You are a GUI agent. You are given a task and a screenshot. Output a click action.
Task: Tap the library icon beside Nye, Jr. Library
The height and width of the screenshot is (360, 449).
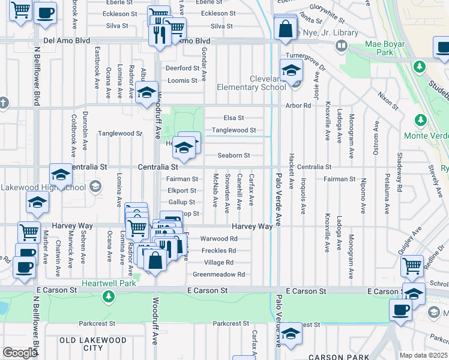(x=342, y=45)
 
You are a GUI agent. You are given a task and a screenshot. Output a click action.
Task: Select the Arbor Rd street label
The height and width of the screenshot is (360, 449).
(x=298, y=106)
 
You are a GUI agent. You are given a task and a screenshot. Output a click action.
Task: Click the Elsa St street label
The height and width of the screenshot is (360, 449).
(x=234, y=118)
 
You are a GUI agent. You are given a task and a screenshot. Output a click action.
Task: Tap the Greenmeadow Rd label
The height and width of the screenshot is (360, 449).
(x=218, y=274)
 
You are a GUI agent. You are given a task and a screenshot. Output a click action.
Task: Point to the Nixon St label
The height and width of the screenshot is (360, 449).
(x=388, y=101)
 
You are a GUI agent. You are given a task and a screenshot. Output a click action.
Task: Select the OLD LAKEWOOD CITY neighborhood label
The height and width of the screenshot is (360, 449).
(x=93, y=344)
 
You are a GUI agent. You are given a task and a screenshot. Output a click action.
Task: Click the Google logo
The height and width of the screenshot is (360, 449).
(x=20, y=353)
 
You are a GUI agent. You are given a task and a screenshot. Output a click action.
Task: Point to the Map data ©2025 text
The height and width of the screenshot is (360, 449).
(x=424, y=355)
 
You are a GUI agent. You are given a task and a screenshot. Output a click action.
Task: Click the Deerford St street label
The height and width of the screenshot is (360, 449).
(x=182, y=68)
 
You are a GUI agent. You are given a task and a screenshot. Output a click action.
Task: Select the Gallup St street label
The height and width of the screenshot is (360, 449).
(x=181, y=202)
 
